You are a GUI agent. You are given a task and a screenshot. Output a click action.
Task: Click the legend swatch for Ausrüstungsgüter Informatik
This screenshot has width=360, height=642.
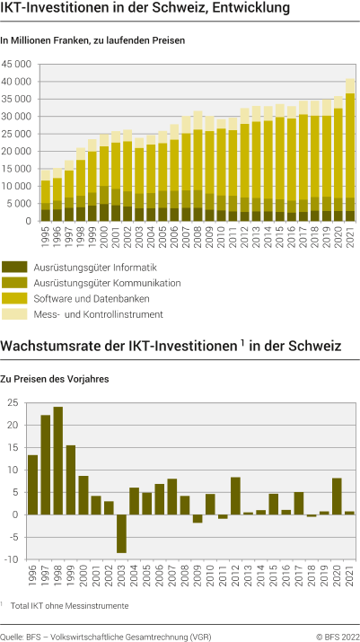tap(14, 267)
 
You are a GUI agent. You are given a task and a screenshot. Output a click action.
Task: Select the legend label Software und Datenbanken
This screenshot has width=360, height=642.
tap(80, 297)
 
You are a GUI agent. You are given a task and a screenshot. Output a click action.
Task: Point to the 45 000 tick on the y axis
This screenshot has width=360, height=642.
tap(18, 65)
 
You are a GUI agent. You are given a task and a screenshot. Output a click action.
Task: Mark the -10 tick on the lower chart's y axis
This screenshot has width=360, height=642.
tap(13, 558)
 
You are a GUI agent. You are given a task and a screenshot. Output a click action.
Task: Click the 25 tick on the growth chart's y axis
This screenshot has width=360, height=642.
tap(14, 402)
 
